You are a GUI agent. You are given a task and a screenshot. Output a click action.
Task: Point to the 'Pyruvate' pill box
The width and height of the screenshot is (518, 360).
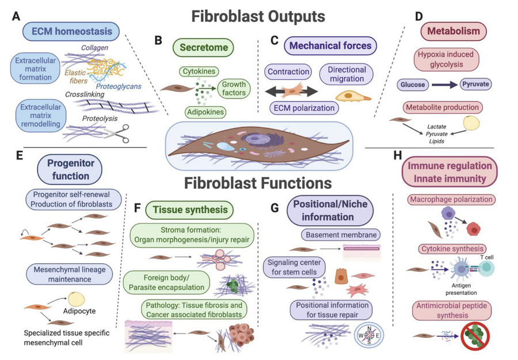(475, 84)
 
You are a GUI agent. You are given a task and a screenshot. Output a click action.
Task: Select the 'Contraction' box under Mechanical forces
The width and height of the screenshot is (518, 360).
(289, 73)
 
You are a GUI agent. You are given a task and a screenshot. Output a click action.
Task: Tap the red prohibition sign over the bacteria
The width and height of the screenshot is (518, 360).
(478, 335)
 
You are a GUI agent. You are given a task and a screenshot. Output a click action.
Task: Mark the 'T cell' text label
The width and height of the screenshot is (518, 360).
(479, 257)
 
